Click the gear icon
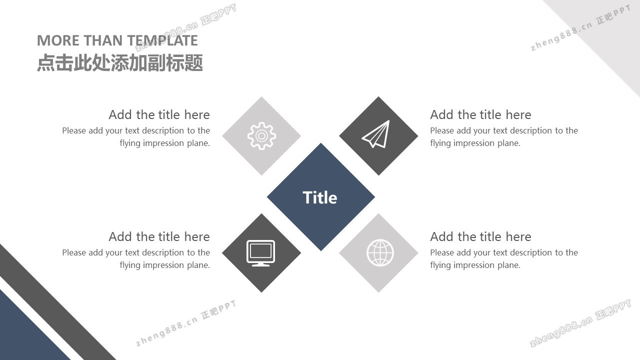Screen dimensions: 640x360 [261, 136]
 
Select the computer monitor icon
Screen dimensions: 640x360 [261, 253]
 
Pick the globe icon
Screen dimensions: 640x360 [380, 253]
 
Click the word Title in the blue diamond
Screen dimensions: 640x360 [320, 197]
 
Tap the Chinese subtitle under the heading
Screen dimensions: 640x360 [120, 63]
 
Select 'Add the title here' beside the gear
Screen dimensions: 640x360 [159, 115]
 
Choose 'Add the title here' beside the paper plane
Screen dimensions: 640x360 [480, 115]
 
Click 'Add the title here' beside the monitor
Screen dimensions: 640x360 [159, 237]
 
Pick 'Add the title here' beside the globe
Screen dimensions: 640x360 [480, 237]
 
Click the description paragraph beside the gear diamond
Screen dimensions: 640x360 [136, 137]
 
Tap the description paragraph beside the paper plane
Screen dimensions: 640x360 [504, 137]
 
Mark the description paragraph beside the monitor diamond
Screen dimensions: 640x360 [136, 259]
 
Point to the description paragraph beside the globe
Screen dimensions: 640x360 [504, 259]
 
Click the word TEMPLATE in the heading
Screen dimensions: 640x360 [162, 40]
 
